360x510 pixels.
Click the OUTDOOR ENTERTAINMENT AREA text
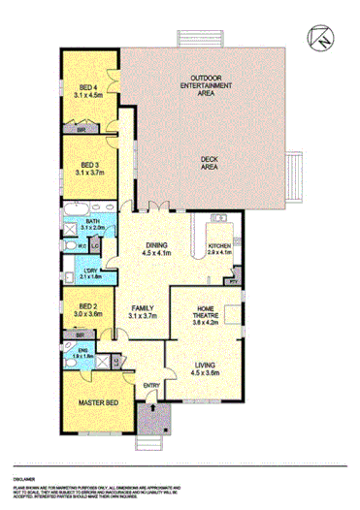pos(207,86)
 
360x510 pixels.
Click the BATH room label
pos(91,223)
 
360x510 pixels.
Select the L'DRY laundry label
pos(90,272)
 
